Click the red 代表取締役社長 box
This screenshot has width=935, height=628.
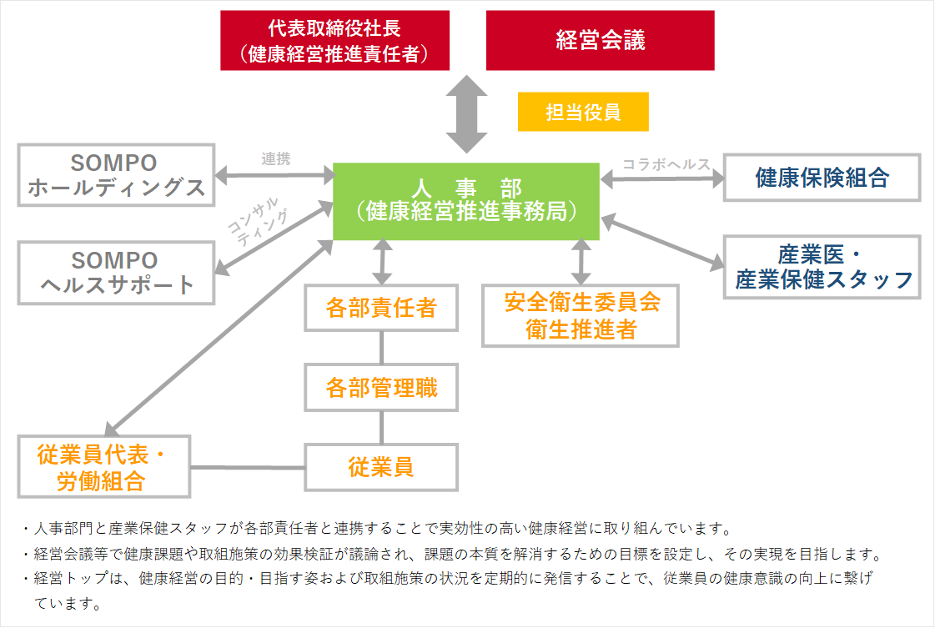pos(334,40)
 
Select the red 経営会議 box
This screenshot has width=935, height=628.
pos(600,40)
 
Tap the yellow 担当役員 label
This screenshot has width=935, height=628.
pos(583,112)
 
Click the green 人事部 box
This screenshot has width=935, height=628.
pos(465,201)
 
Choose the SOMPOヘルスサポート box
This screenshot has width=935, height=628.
pos(115,273)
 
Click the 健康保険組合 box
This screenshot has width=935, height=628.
pos(822,177)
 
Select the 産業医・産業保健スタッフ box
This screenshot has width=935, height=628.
pos(822,267)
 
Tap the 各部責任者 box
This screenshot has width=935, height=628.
pos(381,309)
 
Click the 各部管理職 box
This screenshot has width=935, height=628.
pos(381,387)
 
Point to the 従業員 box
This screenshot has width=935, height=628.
pos(381,467)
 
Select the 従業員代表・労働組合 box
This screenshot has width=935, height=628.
pos(100,467)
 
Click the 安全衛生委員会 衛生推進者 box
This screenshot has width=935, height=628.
pos(581,315)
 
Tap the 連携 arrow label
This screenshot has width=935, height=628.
pos(275,159)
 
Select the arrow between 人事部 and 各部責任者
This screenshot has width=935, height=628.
pos(382,262)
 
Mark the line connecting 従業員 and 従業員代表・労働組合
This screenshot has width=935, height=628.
pos(248,467)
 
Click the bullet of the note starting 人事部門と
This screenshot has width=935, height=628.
pos(27,529)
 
